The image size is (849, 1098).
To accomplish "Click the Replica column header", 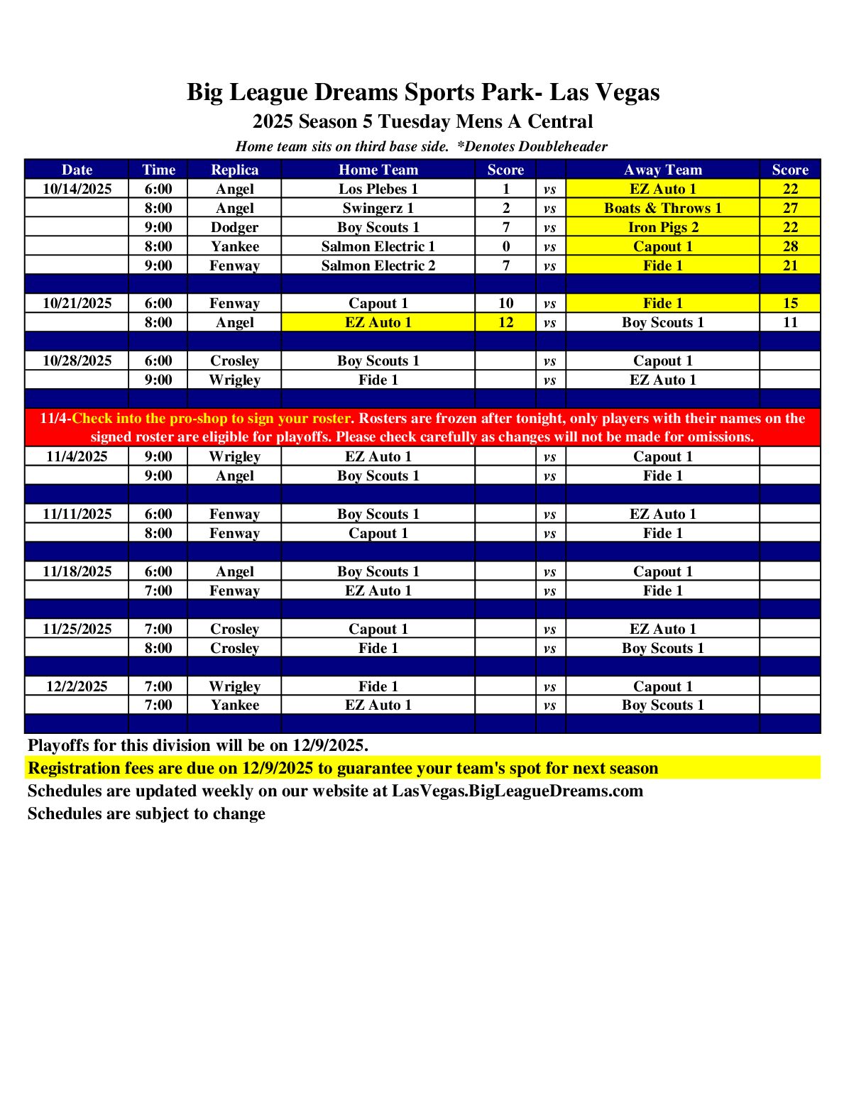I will tap(234, 170).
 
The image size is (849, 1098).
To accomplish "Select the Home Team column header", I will tap(378, 170).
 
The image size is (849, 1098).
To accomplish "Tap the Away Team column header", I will tap(663, 170).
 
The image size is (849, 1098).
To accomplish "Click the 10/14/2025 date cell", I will tap(77, 189).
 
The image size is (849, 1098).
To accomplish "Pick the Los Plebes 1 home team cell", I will tap(378, 189).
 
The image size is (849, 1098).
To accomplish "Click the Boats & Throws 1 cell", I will tap(663, 208).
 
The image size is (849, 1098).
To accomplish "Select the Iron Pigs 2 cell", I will tap(663, 227).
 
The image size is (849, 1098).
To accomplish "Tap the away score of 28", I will tap(790, 246).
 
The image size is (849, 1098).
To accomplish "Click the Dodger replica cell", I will tap(234, 227).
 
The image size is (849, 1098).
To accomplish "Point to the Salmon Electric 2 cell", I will tap(378, 265).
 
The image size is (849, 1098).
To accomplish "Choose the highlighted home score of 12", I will tap(505, 322).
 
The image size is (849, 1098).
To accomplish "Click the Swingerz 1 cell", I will tap(378, 208).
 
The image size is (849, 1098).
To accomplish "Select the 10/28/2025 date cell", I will tap(77, 361).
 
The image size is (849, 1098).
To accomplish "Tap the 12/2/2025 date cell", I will tap(77, 686).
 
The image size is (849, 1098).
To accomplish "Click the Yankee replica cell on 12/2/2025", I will tap(234, 705).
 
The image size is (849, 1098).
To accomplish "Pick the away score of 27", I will tap(790, 208).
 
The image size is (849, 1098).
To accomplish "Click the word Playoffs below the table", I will tap(58, 745).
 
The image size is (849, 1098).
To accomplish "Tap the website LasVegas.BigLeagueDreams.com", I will tap(517, 791).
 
